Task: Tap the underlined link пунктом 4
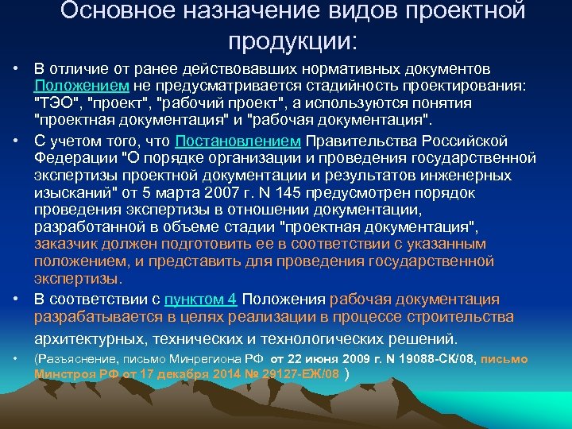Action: click(x=200, y=300)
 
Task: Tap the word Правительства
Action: click(x=353, y=141)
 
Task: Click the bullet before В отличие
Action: click(x=16, y=68)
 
